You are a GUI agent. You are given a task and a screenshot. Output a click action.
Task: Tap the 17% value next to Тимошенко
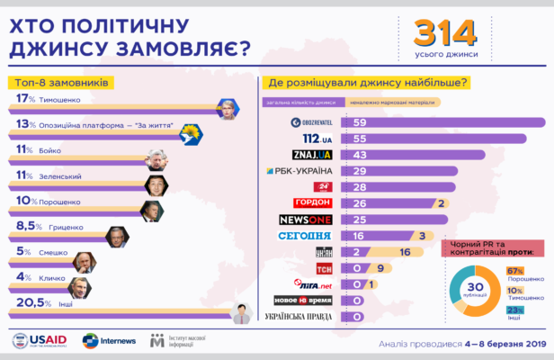pyautogui.click(x=25, y=99)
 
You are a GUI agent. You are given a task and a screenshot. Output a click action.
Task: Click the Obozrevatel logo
pyautogui.click(x=311, y=121)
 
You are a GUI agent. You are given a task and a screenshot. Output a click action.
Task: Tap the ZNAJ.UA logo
pyautogui.click(x=312, y=155)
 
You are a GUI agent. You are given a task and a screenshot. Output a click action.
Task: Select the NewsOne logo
pyautogui.click(x=308, y=220)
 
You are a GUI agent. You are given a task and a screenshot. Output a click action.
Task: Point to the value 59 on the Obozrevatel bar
pyautogui.click(x=360, y=121)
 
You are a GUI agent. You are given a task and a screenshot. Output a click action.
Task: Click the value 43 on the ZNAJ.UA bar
pyautogui.click(x=360, y=155)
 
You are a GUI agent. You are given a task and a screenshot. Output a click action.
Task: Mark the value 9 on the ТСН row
pyautogui.click(x=380, y=268)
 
